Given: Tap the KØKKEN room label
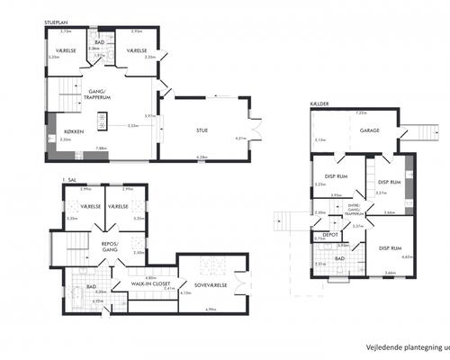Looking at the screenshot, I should point(62,131).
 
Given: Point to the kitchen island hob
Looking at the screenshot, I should point(102,117).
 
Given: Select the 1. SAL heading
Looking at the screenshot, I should point(69,179).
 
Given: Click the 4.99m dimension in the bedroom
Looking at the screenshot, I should point(211,309).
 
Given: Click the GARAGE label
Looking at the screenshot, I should point(369,130).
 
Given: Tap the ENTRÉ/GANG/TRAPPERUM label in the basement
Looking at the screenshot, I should point(355,211).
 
